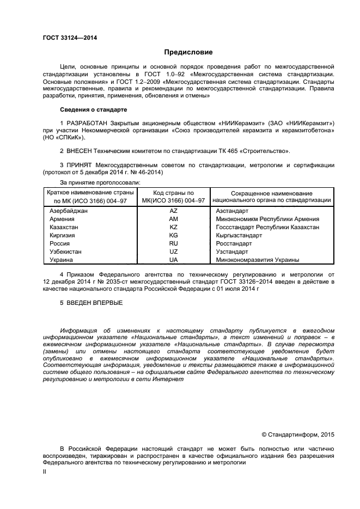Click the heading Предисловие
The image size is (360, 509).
(188, 52)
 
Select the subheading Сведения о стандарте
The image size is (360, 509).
(93, 109)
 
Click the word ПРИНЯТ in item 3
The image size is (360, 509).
(80, 164)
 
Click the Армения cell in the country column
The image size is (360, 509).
(62, 219)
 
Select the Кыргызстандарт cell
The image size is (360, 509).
(239, 235)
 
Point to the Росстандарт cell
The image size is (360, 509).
(233, 243)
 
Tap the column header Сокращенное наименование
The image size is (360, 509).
(271, 193)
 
